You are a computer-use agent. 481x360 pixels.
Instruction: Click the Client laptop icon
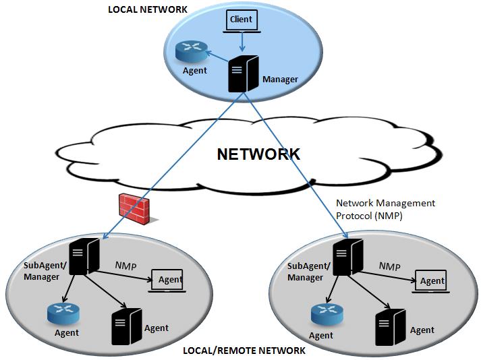[242, 21]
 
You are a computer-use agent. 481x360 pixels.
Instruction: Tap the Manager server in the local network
[244, 73]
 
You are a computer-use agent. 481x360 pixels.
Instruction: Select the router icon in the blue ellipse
[192, 51]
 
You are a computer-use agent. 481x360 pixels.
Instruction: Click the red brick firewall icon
[136, 208]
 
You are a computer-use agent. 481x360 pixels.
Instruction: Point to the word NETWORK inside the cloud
[258, 154]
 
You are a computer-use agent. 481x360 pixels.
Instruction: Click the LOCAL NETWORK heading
[148, 9]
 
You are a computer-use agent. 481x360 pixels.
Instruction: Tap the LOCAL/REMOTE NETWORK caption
[244, 350]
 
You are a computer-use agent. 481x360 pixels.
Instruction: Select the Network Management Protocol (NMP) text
[386, 209]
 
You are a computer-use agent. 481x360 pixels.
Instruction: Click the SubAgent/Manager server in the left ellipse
[84, 257]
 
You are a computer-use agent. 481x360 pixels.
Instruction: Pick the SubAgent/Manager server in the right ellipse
[348, 257]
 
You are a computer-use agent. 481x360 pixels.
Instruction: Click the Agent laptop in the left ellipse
[167, 281]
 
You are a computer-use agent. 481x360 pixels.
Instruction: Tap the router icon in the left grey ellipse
[63, 313]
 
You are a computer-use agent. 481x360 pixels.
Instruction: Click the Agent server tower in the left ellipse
[127, 327]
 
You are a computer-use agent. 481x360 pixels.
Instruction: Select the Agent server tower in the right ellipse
[391, 328]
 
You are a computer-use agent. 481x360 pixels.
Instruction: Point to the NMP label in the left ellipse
[125, 266]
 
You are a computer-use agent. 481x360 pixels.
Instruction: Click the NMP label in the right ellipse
[390, 266]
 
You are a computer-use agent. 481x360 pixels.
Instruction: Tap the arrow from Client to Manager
[242, 42]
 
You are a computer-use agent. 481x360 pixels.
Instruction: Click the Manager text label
[280, 80]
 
